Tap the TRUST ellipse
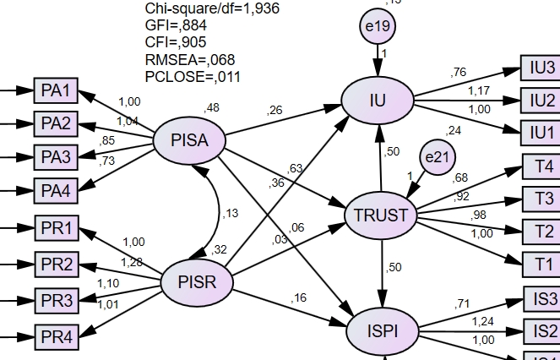point(382,215)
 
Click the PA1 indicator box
point(56,90)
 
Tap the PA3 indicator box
point(56,157)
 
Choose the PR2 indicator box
point(56,265)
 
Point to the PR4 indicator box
point(56,337)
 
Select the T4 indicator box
point(544,166)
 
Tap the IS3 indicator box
point(542,298)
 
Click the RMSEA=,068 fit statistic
point(190,59)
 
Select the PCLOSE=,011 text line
point(193,76)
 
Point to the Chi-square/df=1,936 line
point(212,8)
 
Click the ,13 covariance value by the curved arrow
point(229,214)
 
